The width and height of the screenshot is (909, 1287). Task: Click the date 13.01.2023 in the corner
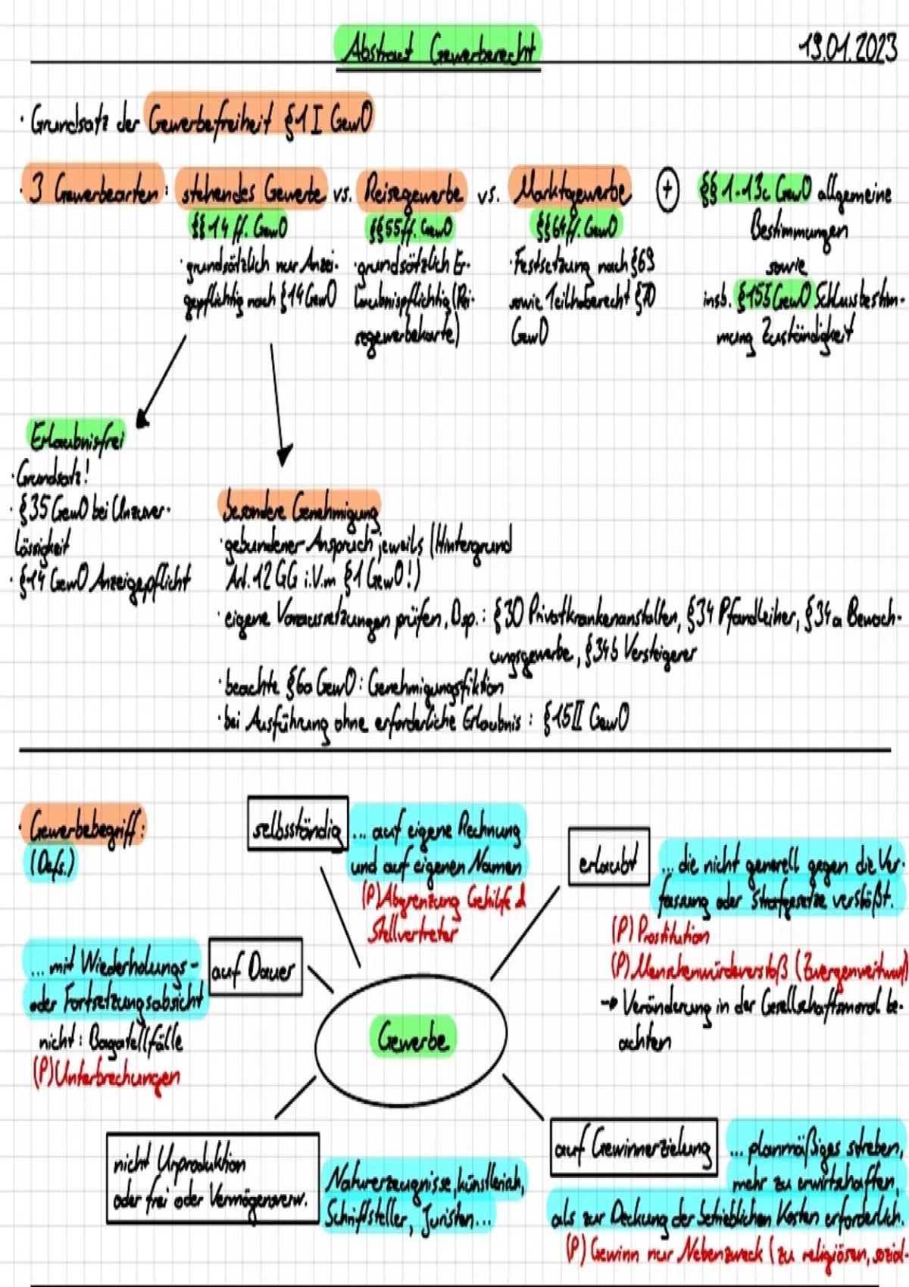pyautogui.click(x=848, y=49)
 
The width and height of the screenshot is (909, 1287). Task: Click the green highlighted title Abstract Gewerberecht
pyautogui.click(x=438, y=49)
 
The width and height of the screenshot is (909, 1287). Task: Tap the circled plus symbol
pyautogui.click(x=667, y=189)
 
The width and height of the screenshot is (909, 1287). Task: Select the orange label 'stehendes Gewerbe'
pyautogui.click(x=251, y=191)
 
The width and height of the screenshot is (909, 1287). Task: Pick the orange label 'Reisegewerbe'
pyautogui.click(x=412, y=191)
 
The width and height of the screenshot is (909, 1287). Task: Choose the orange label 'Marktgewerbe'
pyautogui.click(x=570, y=189)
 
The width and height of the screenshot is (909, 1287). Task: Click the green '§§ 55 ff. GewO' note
pyautogui.click(x=410, y=226)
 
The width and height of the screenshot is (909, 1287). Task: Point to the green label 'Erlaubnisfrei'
pyautogui.click(x=76, y=437)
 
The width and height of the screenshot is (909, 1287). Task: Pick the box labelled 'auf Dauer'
pyautogui.click(x=255, y=968)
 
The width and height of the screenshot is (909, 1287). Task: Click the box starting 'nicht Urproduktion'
pyautogui.click(x=213, y=1178)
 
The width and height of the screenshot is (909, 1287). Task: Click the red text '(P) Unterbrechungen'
pyautogui.click(x=107, y=1075)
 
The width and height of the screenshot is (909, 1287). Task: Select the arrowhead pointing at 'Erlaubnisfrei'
pyautogui.click(x=142, y=418)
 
